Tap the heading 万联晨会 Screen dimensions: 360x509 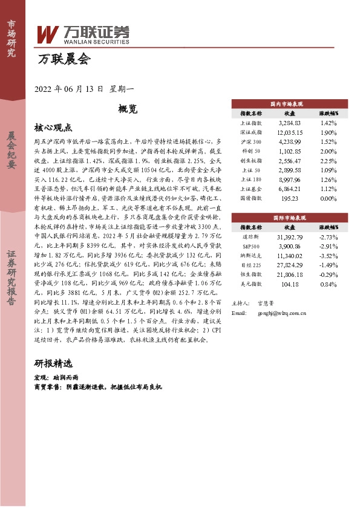(x=63, y=60)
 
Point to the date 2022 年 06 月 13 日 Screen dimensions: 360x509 (x=70, y=88)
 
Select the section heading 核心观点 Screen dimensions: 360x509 (x=53, y=128)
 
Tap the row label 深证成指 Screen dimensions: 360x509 (x=250, y=132)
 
